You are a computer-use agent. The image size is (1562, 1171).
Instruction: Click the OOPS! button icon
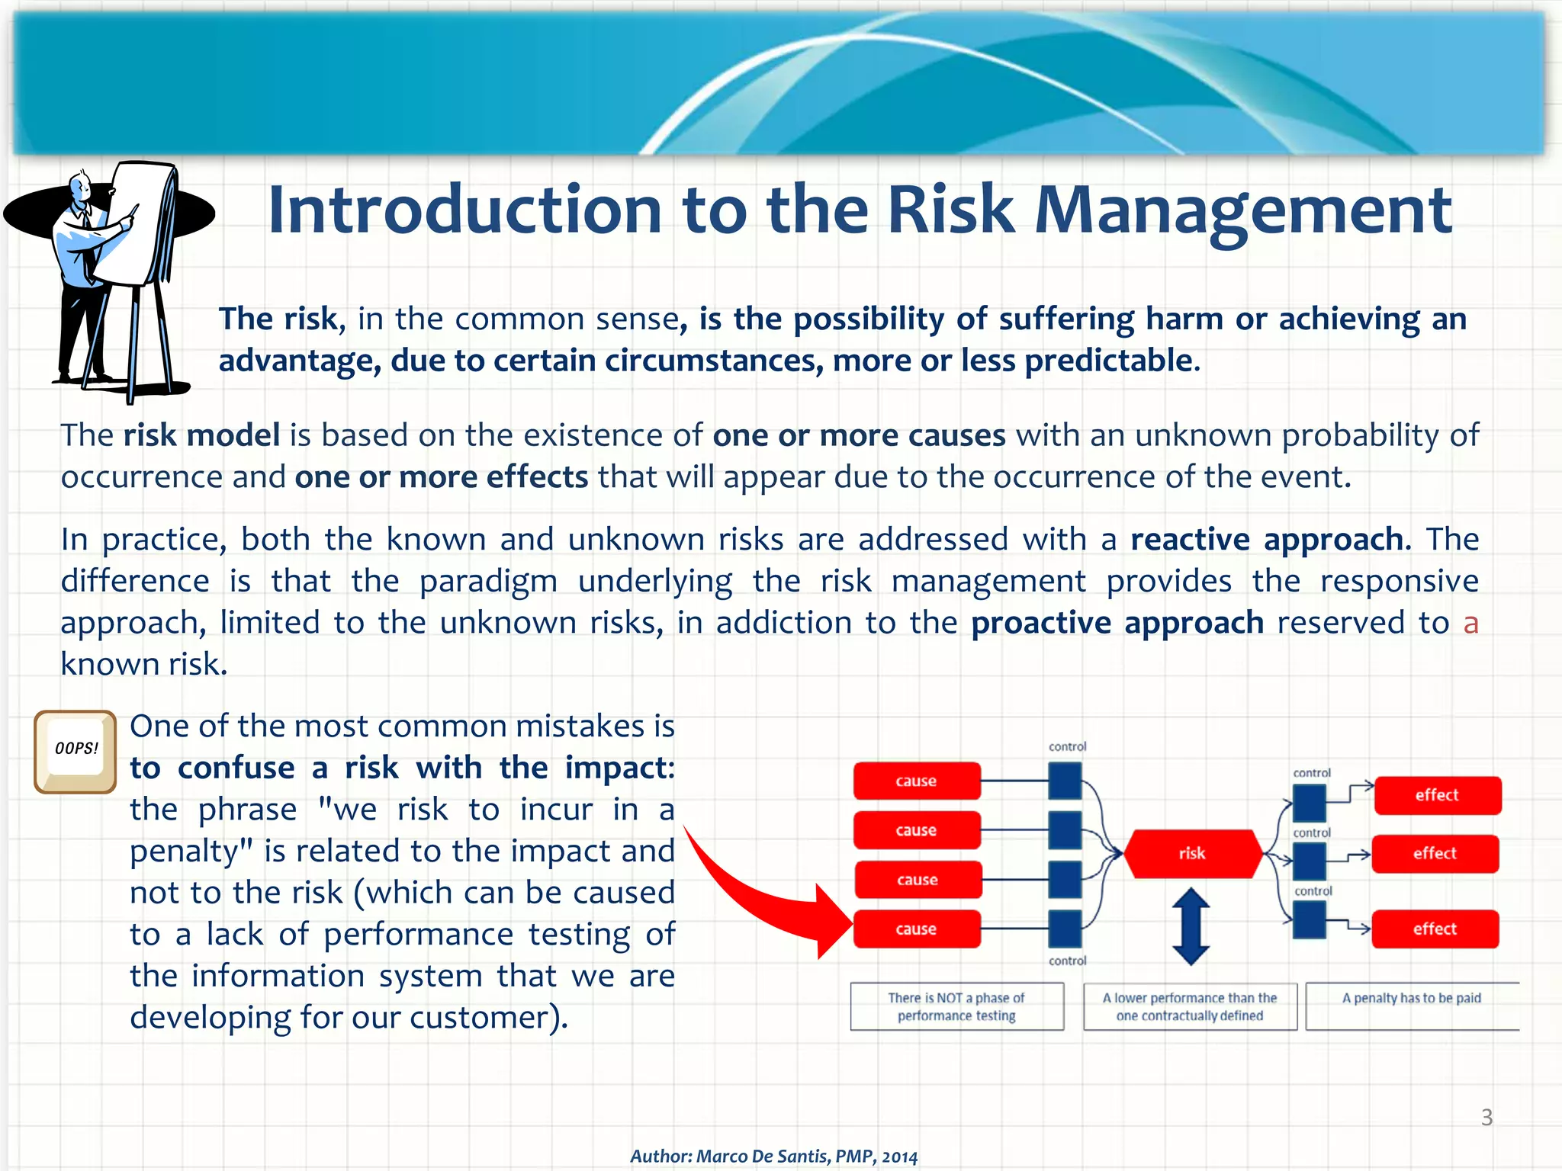(x=76, y=752)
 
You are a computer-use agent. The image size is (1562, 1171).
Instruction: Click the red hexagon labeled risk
(x=1192, y=854)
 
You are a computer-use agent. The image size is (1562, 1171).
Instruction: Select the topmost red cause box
(x=916, y=781)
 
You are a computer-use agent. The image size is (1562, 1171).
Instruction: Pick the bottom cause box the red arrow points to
(x=916, y=929)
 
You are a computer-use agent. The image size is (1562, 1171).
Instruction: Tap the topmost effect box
(x=1437, y=795)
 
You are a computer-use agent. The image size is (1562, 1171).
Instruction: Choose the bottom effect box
(x=1435, y=929)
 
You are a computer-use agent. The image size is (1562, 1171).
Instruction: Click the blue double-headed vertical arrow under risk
(x=1191, y=926)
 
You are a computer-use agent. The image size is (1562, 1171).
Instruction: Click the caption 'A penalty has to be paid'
(x=1411, y=998)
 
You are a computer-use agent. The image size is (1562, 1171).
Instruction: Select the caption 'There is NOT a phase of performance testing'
(x=956, y=1006)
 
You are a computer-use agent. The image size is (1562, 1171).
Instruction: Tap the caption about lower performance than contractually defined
(x=1190, y=1006)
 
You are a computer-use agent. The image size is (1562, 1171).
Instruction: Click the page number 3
(x=1486, y=1117)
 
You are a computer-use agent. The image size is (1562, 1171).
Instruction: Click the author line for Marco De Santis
(x=773, y=1156)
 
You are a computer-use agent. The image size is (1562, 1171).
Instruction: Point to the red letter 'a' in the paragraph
(x=1470, y=624)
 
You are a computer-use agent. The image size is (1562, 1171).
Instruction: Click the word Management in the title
(x=1242, y=210)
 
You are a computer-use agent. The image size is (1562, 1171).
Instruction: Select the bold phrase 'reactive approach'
(x=1266, y=539)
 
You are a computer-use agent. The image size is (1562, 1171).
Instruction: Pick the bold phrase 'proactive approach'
(x=1117, y=623)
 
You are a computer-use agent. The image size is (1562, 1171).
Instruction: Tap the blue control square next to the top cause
(x=1065, y=781)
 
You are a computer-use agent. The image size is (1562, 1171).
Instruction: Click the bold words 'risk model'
(x=201, y=435)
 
